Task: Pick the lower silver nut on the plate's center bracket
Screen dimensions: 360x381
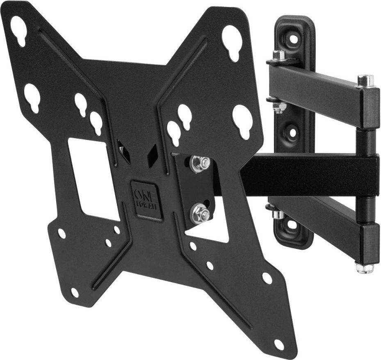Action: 200,213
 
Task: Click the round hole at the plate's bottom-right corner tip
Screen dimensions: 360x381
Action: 279,344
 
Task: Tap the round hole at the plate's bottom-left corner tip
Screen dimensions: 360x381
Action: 74,292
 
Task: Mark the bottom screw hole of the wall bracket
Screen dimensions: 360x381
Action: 292,225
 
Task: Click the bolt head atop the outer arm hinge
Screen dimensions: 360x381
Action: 365,80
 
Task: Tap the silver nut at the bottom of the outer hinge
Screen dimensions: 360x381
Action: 364,267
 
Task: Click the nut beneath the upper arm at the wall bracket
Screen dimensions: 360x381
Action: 279,107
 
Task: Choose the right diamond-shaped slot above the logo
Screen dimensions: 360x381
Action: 153,155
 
